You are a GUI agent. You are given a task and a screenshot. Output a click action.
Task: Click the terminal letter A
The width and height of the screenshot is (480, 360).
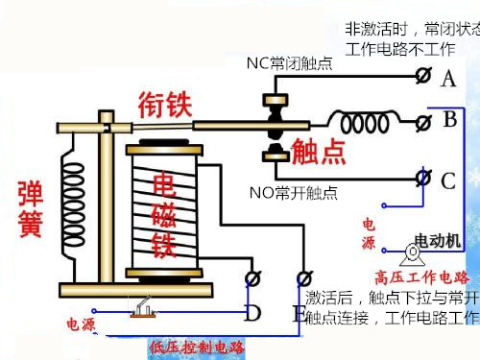click(448, 80)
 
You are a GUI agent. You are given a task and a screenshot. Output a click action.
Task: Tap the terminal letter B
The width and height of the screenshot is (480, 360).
click(449, 121)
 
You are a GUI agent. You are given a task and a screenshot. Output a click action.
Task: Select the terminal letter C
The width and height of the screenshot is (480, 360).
click(448, 180)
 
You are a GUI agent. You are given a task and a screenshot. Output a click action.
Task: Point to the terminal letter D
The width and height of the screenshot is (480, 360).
click(252, 313)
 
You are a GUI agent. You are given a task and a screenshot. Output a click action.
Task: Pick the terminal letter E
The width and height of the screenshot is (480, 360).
click(299, 313)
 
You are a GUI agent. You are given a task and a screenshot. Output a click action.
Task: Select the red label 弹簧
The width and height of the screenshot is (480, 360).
click(29, 212)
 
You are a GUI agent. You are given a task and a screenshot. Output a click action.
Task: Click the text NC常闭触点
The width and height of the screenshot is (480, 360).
click(289, 64)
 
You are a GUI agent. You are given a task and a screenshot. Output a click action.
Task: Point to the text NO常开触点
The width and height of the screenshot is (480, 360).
click(294, 193)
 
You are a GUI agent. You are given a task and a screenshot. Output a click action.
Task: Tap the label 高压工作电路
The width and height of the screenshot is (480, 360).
click(421, 277)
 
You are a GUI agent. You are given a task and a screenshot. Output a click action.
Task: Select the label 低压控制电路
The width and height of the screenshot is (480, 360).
click(197, 347)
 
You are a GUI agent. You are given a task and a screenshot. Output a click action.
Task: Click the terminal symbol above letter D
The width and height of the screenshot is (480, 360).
click(254, 278)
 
